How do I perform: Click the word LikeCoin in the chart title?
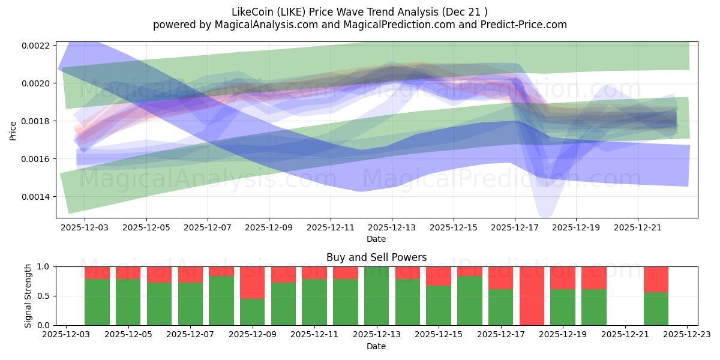252,11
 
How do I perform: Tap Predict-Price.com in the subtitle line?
521,25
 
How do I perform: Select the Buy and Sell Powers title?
376,257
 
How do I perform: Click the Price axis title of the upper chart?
13,130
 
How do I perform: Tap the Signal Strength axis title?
28,296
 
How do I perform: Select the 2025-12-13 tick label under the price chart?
392,228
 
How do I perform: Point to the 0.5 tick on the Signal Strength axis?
46,296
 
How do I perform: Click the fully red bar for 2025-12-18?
532,296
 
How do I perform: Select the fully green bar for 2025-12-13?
376,296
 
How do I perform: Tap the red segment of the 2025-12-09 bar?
252,282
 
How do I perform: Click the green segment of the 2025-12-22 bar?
656,309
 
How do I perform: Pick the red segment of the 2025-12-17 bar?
500,277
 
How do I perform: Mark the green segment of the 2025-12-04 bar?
97,302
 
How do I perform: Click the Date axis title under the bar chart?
376,346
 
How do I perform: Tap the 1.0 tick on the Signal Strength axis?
46,266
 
